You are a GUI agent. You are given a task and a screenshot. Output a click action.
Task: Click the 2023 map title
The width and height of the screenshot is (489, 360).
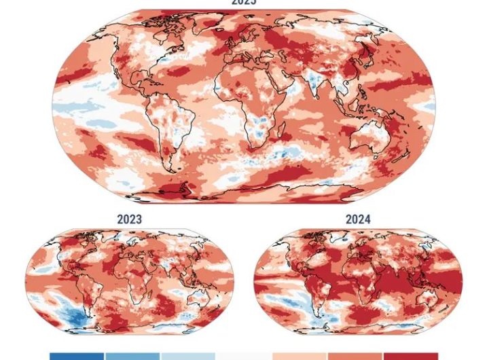point(129,220)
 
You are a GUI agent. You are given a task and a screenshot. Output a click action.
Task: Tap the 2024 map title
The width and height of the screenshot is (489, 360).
point(357,220)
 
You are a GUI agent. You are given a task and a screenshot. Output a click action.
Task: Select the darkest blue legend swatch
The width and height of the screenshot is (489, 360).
point(77,356)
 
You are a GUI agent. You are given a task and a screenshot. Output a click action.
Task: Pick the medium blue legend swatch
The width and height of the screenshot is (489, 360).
point(132,356)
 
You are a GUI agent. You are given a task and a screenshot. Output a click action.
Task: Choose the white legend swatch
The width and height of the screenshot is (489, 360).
point(244,356)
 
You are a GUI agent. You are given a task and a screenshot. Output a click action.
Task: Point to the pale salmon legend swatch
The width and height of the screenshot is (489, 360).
point(300,356)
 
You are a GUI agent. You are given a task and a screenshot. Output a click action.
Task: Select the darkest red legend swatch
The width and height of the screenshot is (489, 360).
point(411,356)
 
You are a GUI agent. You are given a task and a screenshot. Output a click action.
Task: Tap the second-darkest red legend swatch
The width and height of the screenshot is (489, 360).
point(355,356)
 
